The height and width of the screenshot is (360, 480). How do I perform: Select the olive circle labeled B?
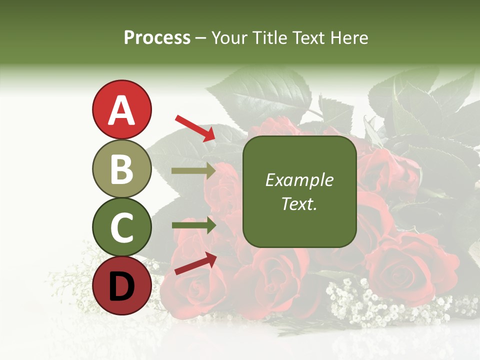[121, 168]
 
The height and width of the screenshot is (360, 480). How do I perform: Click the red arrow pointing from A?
[195, 128]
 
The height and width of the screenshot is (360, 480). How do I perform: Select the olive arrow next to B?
[193, 171]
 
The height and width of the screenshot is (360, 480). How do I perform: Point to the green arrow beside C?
[193, 225]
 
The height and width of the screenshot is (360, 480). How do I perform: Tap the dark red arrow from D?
[195, 263]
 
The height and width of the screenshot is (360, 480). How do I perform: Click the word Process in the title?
[157, 38]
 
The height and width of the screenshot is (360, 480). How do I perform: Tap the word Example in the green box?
[299, 180]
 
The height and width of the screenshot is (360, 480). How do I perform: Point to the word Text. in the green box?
[299, 203]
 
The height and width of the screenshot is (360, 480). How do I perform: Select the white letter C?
[121, 227]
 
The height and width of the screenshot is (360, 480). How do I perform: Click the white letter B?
[121, 169]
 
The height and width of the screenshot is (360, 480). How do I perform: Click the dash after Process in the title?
[200, 38]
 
